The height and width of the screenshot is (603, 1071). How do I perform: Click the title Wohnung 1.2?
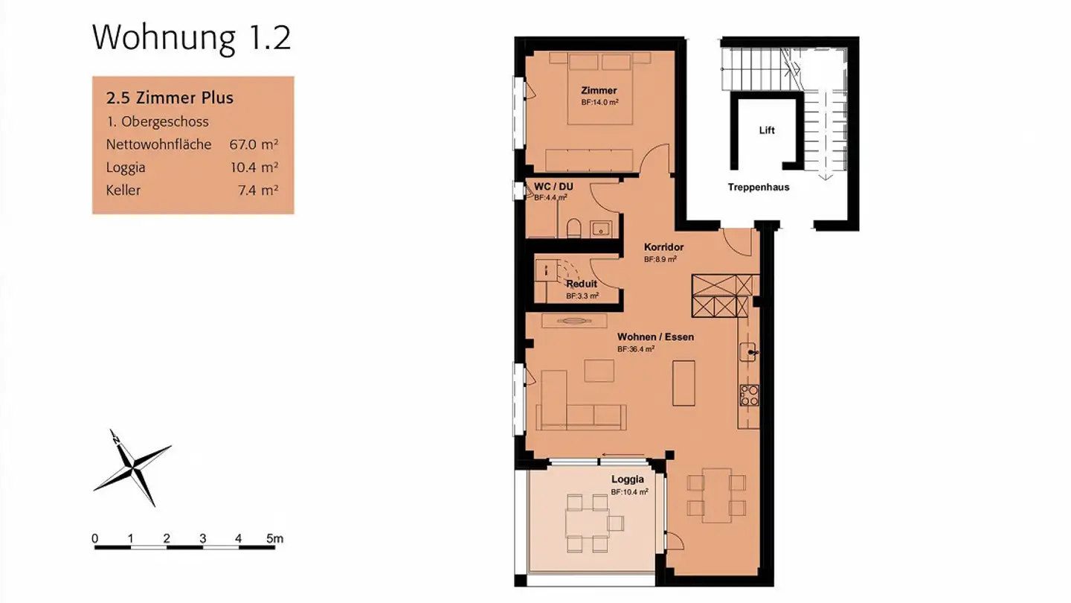[x=191, y=38]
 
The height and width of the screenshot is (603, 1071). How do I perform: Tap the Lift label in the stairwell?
[x=767, y=130]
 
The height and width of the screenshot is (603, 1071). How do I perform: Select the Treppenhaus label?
[x=758, y=188]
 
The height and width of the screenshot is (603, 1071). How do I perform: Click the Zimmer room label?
[x=599, y=91]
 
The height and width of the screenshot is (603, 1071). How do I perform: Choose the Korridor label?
[x=663, y=247]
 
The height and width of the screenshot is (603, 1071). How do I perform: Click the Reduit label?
[x=582, y=284]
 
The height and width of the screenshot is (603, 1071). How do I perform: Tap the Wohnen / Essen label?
[x=655, y=337]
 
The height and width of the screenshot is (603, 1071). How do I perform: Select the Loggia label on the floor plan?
[x=628, y=479]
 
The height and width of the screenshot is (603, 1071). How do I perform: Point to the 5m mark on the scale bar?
[x=274, y=538]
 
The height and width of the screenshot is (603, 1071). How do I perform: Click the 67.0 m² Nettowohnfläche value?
[x=254, y=144]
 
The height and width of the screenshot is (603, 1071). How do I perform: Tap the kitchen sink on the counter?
[x=750, y=352]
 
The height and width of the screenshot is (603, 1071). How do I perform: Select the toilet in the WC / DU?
[x=573, y=228]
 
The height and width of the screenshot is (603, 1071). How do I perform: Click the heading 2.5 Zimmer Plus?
[x=170, y=98]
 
